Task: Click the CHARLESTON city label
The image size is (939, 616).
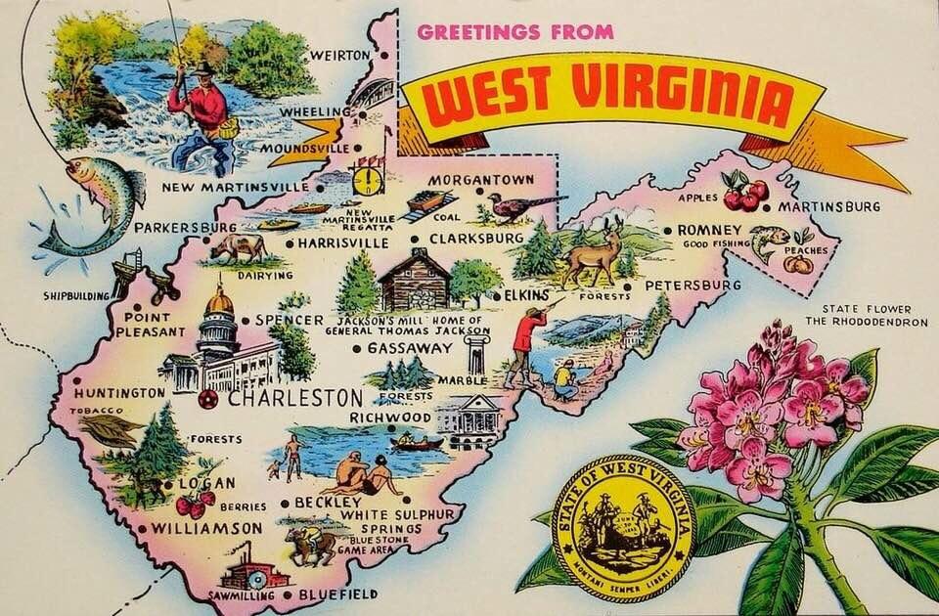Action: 282,399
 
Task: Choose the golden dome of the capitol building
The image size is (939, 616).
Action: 219,301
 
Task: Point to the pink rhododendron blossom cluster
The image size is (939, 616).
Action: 773,406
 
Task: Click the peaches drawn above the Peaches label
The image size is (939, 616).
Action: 797,262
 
